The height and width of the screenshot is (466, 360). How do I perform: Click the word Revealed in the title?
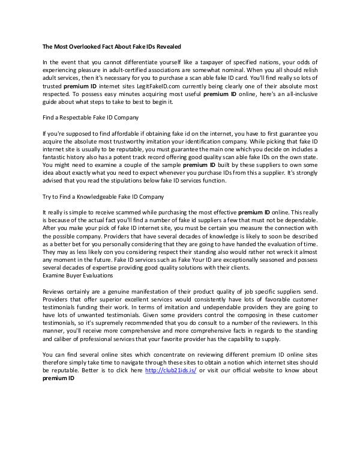click(x=165, y=46)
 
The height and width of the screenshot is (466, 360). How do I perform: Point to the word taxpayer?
click(x=199, y=62)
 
